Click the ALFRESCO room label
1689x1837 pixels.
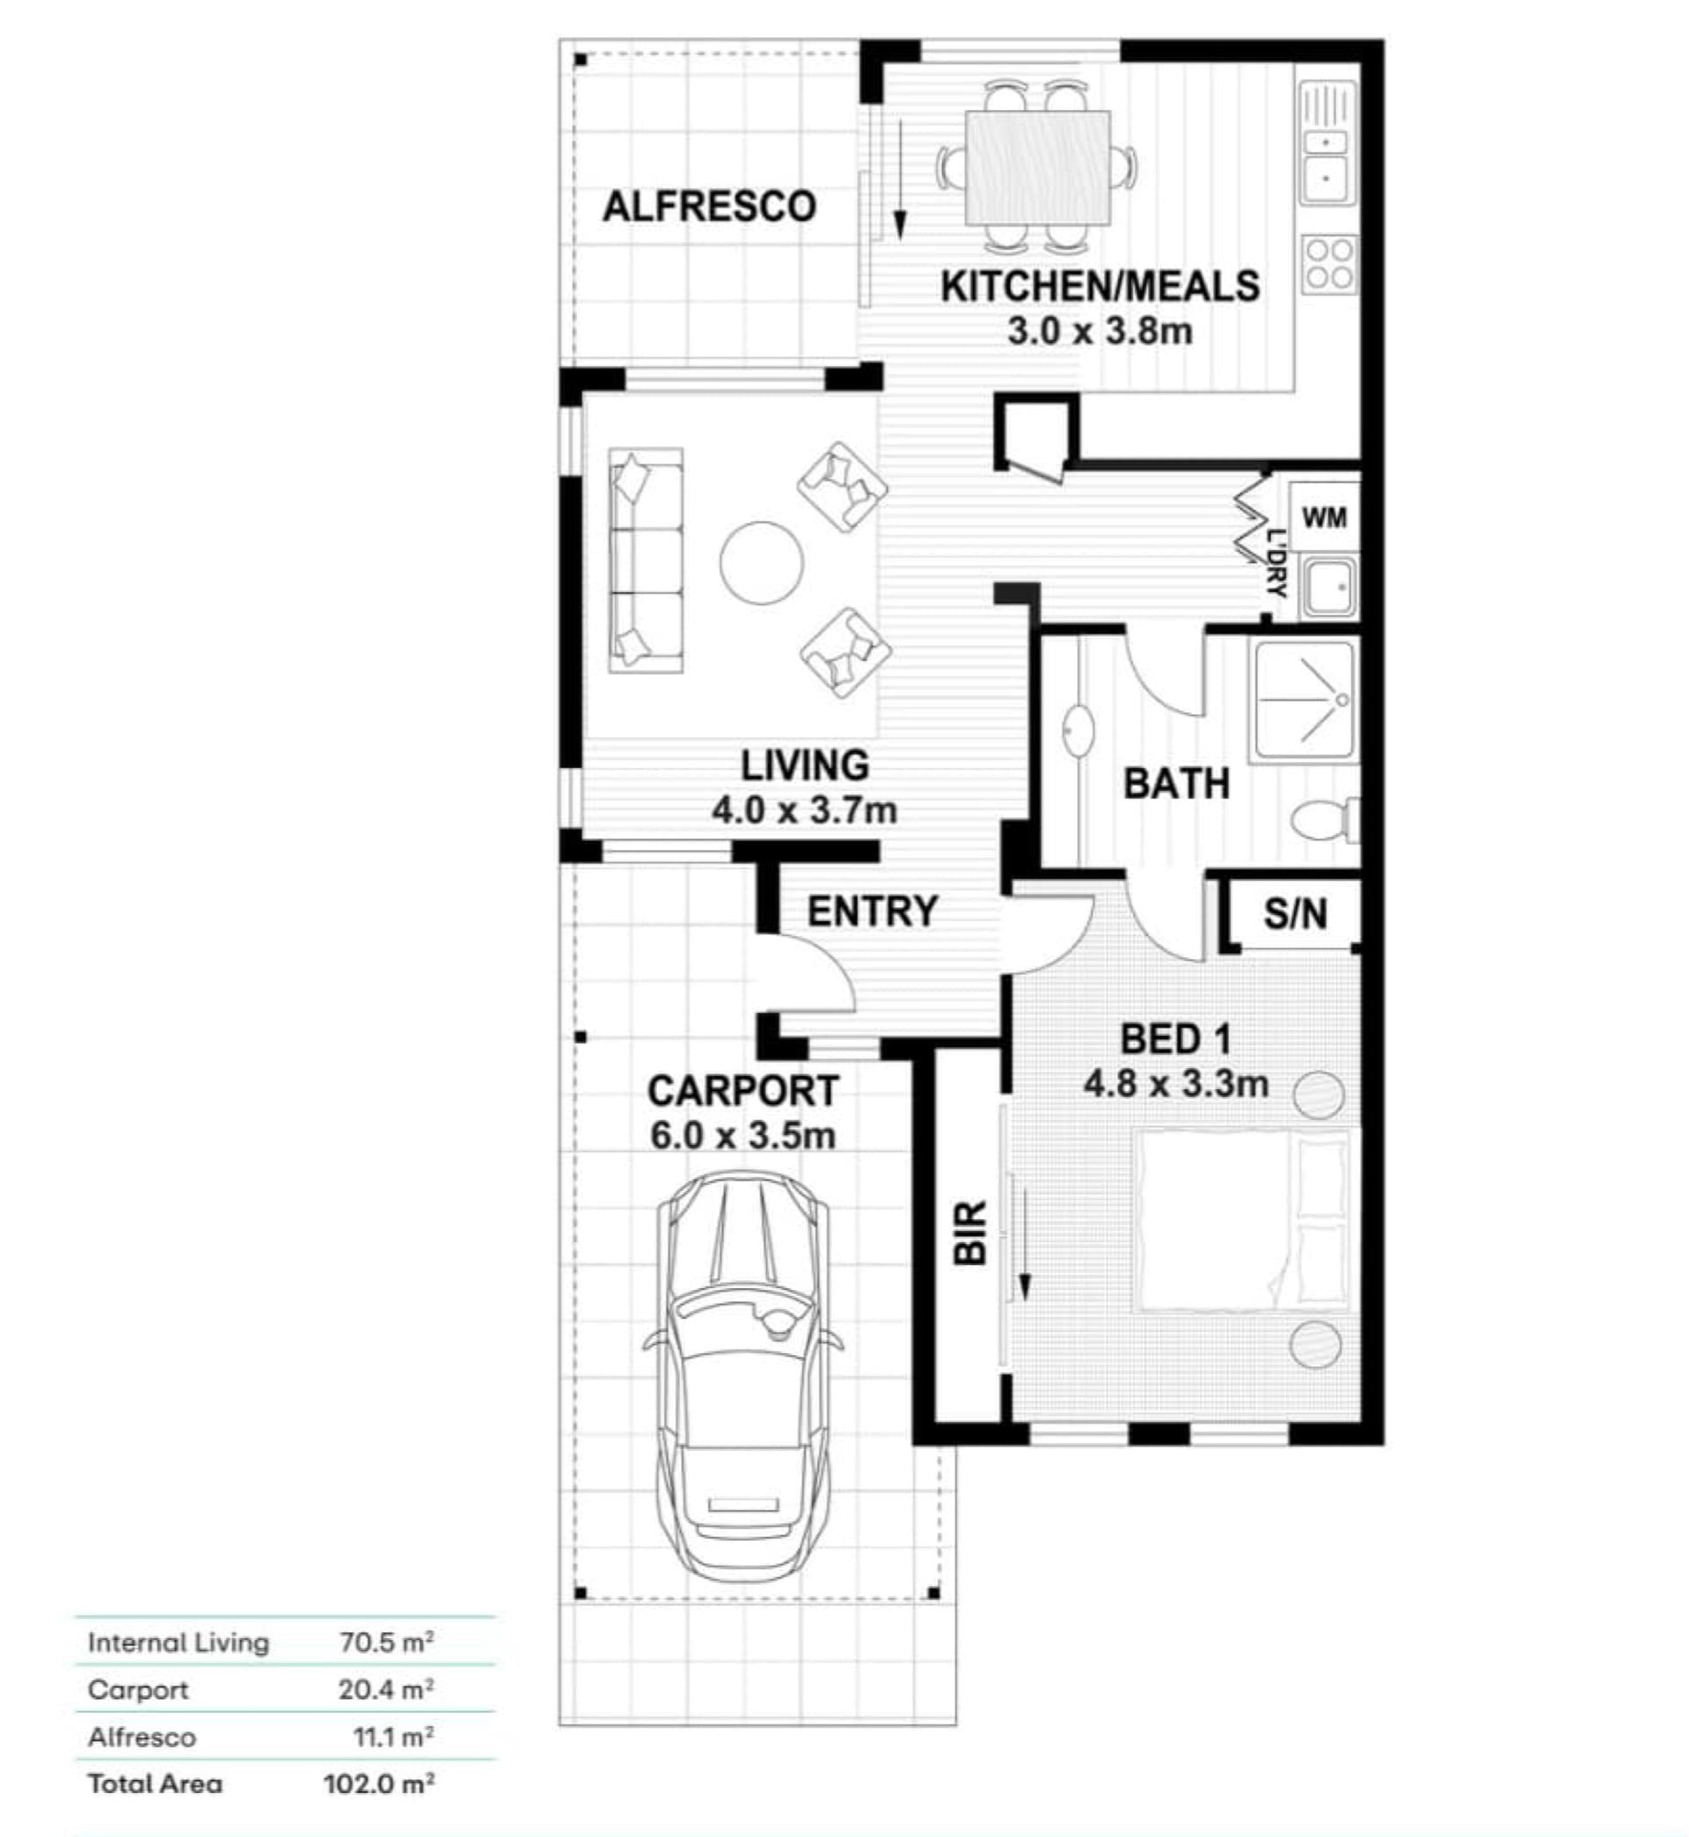(709, 207)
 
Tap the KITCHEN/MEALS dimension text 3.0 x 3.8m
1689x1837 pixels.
(1100, 331)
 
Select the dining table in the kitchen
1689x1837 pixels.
(1038, 167)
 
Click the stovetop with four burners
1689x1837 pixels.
(1329, 264)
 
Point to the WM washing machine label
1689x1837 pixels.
(1324, 518)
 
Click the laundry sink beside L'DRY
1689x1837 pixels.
(1329, 586)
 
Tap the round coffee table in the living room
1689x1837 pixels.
(761, 563)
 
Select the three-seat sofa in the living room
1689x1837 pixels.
(646, 560)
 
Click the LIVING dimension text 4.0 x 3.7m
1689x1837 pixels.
(804, 809)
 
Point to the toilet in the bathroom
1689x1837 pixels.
(1324, 819)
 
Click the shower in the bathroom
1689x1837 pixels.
(1305, 700)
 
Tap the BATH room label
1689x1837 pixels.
(1176, 784)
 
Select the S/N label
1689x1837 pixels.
(1296, 913)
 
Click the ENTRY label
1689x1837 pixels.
(873, 911)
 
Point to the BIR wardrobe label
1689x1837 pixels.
(970, 1233)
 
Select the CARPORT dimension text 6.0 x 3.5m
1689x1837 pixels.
(743, 1136)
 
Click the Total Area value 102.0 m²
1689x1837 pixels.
(379, 1783)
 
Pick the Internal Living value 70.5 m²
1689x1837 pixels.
(386, 1643)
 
